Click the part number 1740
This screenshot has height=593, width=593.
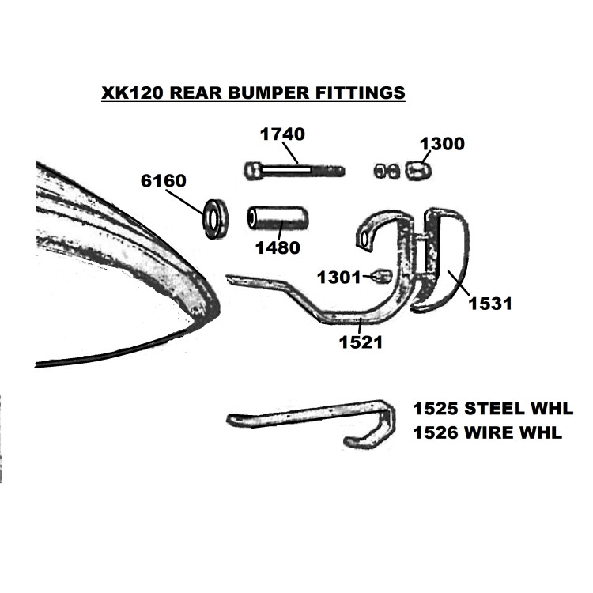coord(282,134)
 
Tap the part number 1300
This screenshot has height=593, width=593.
coord(442,144)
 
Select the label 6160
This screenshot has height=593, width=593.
coord(164,181)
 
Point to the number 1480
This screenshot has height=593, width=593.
coord(278,247)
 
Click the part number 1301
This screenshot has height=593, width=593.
coord(339,278)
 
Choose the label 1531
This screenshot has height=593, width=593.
coord(490,304)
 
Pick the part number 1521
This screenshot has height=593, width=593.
coord(361,342)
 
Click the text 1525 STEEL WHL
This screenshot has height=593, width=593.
coord(493,409)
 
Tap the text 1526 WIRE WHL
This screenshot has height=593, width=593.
coord(488,432)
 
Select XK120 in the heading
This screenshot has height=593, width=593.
coord(132,93)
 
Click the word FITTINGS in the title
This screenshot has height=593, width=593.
coord(360,93)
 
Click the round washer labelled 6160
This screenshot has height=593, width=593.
coord(215,218)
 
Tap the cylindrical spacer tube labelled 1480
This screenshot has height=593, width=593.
coord(278,218)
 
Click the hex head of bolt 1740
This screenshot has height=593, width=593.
coord(252,171)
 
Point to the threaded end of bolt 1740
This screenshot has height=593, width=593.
coord(328,171)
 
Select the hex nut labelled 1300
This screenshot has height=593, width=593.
coord(418,171)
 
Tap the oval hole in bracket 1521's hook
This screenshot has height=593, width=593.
coord(364,239)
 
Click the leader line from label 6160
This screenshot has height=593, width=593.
coord(185,202)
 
